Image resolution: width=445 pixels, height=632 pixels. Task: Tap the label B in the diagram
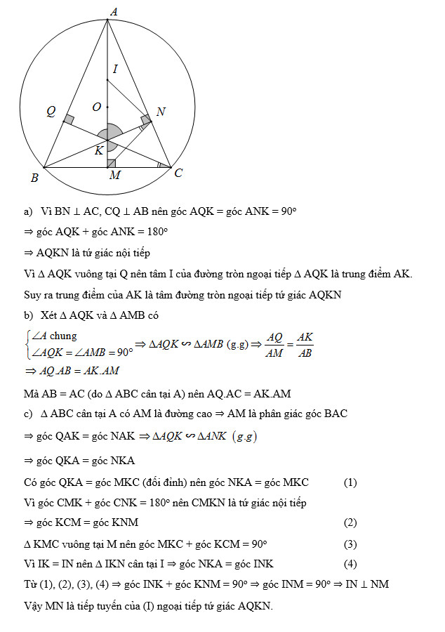tap(34, 178)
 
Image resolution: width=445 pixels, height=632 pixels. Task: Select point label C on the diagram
tap(178, 172)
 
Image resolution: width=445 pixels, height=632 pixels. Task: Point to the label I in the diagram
tap(115, 69)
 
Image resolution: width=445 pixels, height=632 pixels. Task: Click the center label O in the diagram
tap(97, 107)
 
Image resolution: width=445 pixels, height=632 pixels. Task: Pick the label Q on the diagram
tap(51, 110)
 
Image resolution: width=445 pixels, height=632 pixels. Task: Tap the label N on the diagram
tap(161, 112)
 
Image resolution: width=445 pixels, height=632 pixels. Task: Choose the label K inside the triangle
tap(98, 150)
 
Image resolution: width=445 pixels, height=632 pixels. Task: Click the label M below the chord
tap(114, 176)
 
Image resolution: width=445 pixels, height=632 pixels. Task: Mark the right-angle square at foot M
tap(111, 164)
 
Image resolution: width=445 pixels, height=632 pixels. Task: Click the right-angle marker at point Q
tap(68, 120)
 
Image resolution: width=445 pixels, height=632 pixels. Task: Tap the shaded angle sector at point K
tap(111, 134)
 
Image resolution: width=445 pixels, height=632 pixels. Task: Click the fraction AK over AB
tap(305, 344)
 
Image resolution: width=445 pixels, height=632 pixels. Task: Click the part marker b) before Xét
tap(28, 315)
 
